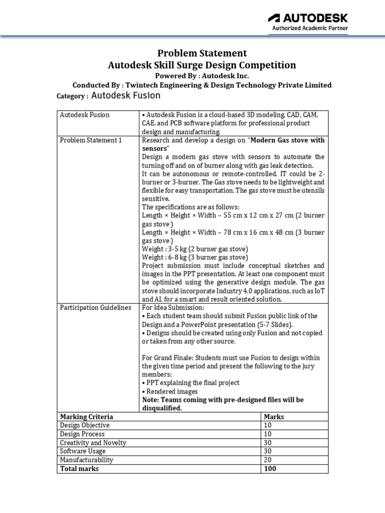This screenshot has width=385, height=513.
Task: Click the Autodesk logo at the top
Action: click(308, 18)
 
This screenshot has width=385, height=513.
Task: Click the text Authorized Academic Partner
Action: click(310, 29)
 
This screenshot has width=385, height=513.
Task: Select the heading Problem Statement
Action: click(202, 53)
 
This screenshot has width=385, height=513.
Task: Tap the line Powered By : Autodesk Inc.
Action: click(202, 76)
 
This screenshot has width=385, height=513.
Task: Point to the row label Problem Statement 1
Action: click(91, 140)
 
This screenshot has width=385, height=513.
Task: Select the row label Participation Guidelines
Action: click(95, 307)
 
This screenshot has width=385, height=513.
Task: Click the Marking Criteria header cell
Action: click(86, 417)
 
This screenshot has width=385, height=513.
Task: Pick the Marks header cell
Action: click(274, 417)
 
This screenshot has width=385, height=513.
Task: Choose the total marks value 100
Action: click(270, 468)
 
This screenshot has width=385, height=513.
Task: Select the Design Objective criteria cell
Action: click(85, 425)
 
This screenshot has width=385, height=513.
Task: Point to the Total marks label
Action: click(79, 468)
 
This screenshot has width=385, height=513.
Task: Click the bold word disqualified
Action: click(162, 408)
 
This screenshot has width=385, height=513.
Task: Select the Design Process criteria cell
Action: click(82, 434)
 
